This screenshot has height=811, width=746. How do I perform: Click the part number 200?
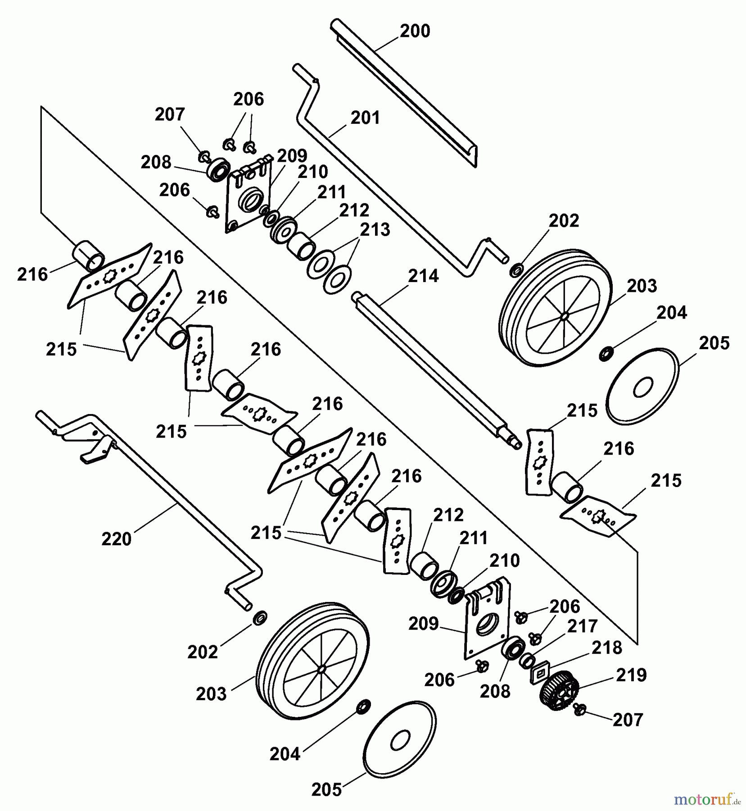[x=415, y=31]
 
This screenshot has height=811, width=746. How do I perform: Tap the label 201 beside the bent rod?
[x=365, y=118]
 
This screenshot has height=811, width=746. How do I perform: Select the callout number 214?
[x=423, y=276]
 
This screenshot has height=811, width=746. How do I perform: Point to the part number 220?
[x=116, y=538]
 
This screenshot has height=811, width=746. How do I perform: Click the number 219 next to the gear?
[x=631, y=675]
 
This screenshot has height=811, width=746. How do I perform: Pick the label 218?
[x=607, y=648]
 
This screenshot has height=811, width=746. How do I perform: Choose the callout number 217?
[x=583, y=626]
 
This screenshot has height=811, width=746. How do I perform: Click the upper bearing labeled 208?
[x=219, y=169]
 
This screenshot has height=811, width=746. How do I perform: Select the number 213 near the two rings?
[x=375, y=230]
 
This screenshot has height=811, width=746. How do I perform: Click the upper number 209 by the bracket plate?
[x=292, y=156]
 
